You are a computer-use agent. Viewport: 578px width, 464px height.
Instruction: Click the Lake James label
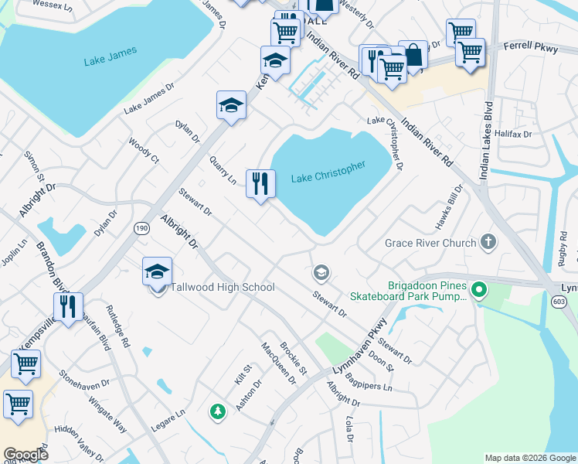click(110, 56)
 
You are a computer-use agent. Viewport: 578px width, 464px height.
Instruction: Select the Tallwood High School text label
click(222, 288)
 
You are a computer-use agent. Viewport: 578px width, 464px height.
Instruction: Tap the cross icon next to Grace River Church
click(488, 243)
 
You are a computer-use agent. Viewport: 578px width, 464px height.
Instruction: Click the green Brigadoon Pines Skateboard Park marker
click(479, 291)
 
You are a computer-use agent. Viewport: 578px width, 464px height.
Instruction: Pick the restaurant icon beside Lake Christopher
click(260, 184)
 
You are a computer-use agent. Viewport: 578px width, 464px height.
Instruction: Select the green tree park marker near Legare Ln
click(218, 411)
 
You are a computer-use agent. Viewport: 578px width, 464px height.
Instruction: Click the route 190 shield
click(141, 228)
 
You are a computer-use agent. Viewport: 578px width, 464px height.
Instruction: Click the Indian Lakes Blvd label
click(487, 141)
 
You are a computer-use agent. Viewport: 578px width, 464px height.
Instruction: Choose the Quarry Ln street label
click(223, 169)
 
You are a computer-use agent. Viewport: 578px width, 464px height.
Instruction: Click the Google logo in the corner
click(25, 455)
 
